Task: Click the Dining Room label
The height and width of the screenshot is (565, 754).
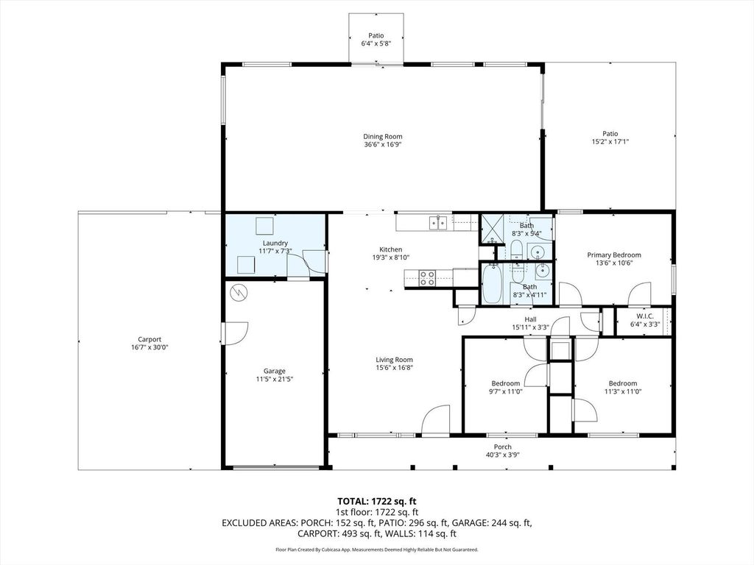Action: pos(382,136)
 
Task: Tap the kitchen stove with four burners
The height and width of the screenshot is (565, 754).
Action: pos(427,278)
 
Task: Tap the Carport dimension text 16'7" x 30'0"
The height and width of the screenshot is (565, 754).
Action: pos(149,348)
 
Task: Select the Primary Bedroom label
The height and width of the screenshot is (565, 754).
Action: pos(613,255)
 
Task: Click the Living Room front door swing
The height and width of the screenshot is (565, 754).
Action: pos(436,420)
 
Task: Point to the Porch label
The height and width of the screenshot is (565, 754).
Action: pos(502,447)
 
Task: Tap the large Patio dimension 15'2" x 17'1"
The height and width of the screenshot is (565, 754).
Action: pos(610,142)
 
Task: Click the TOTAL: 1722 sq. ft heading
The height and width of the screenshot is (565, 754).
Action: pos(377,501)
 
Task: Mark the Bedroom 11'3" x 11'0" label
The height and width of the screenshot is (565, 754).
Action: pos(622,383)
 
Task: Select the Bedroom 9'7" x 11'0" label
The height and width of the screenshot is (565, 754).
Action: pos(506,383)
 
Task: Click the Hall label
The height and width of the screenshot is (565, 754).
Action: pos(530,319)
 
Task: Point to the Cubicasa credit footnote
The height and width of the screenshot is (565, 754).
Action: pos(377,550)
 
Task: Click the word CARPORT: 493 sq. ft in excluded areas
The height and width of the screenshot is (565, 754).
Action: pos(336,534)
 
